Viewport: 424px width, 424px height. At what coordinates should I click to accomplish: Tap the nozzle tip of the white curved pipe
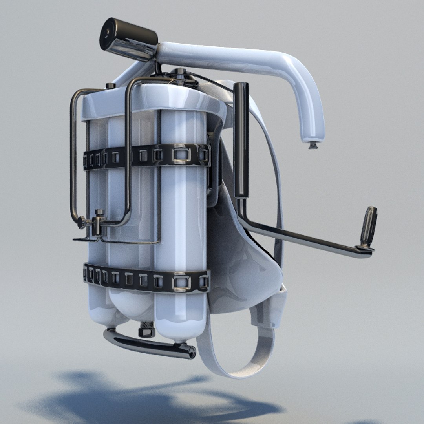click(x=313, y=146)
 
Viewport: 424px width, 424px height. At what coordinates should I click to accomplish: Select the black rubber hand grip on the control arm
click(x=369, y=227)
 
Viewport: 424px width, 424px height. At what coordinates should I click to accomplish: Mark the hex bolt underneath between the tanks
click(x=146, y=330)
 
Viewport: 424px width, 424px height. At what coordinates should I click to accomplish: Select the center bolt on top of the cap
click(x=180, y=73)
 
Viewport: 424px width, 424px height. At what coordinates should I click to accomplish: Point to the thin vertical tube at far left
click(x=73, y=157)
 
